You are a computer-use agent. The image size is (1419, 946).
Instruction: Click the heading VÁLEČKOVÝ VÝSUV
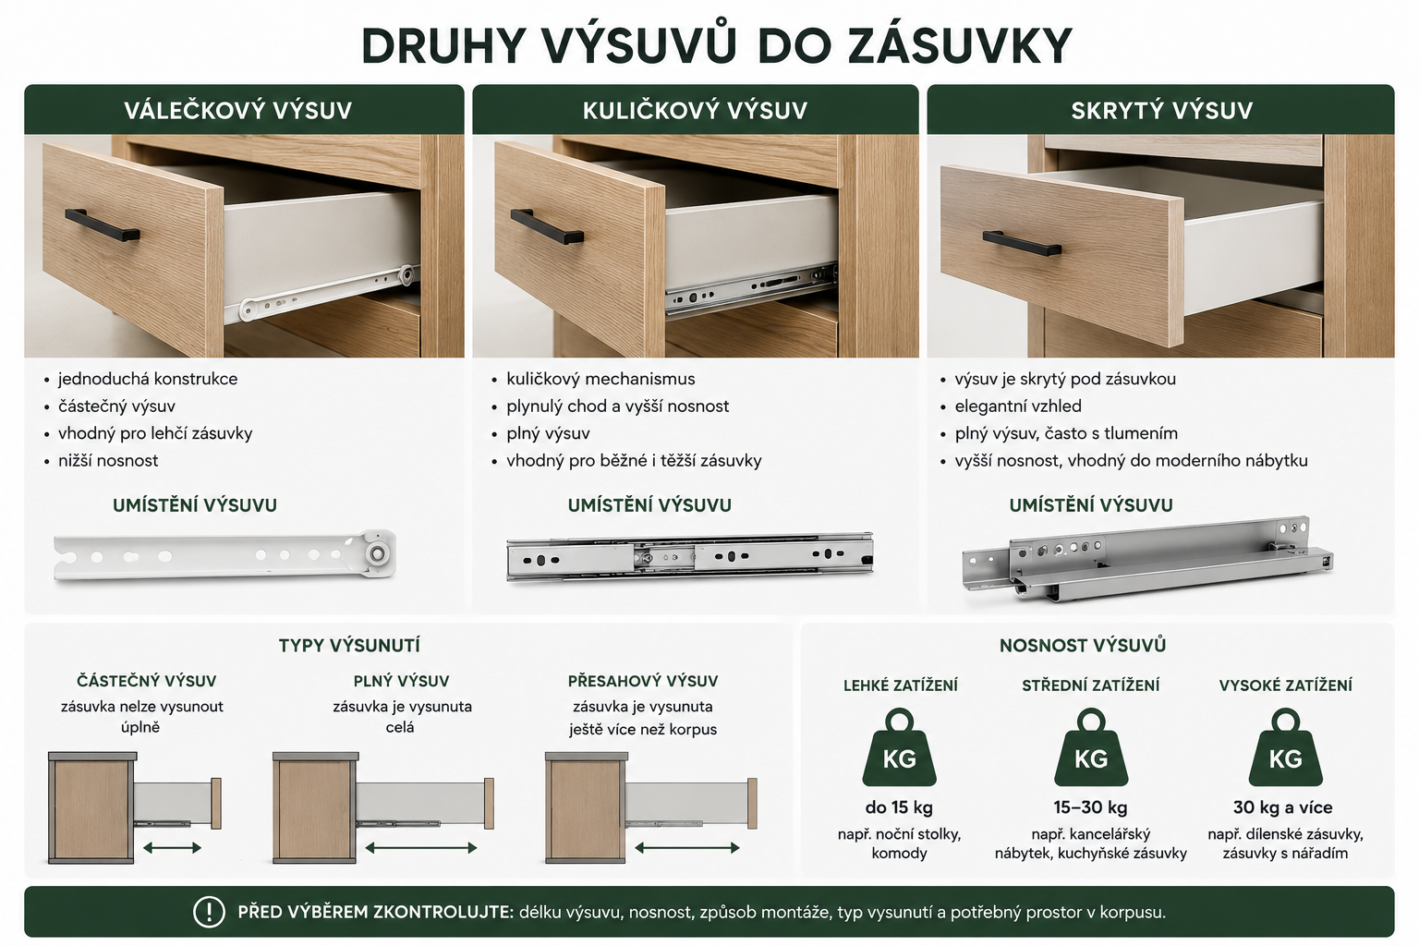237,110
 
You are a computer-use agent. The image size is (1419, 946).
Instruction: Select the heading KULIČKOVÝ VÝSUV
695,110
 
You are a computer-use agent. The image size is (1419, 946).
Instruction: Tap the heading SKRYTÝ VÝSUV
1162,110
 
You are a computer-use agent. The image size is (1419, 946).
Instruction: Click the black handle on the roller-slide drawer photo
102,224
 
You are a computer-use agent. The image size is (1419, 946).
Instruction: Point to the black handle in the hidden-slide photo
1022,243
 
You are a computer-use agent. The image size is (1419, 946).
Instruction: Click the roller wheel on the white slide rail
378,553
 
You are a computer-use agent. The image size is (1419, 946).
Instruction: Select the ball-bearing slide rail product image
690,557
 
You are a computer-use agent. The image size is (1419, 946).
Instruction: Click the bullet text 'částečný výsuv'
116,406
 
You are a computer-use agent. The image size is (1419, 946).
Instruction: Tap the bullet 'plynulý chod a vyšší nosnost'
618,406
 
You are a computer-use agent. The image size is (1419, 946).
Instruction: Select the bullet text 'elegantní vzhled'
1018,406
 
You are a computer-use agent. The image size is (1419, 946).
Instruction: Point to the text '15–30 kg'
1091,807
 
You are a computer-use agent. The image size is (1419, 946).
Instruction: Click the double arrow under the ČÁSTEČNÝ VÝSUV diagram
173,848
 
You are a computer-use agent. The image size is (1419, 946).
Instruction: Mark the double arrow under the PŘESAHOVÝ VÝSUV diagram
687,848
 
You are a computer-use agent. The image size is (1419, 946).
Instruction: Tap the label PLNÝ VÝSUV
401,681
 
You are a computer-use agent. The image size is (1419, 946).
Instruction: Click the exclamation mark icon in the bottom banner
209,912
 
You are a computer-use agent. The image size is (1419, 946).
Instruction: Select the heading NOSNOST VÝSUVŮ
1083,646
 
